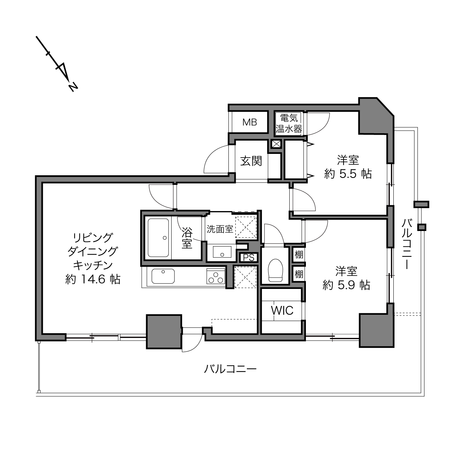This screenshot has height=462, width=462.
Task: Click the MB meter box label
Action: (x=249, y=123)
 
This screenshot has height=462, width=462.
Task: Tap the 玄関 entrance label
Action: (x=251, y=161)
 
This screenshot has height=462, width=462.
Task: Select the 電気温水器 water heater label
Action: (x=289, y=124)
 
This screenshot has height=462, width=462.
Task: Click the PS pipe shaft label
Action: (x=249, y=258)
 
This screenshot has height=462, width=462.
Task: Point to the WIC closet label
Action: (x=282, y=311)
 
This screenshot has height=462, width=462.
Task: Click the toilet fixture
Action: (x=276, y=270)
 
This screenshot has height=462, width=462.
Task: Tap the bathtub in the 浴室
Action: (x=158, y=238)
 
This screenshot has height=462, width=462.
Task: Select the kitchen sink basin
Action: (x=163, y=276)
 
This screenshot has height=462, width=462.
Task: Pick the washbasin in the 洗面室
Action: (x=222, y=252)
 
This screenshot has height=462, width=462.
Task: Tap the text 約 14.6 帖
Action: (x=93, y=279)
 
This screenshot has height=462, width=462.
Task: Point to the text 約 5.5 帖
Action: (x=348, y=174)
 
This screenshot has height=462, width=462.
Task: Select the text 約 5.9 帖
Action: (x=346, y=285)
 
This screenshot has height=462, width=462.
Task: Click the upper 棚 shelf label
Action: (x=299, y=255)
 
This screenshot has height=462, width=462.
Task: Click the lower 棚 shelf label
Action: (x=299, y=274)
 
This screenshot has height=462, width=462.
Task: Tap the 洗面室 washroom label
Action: (x=220, y=230)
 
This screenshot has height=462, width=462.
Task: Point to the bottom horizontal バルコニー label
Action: (x=230, y=369)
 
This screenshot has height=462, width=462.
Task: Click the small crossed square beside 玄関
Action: (x=276, y=144)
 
